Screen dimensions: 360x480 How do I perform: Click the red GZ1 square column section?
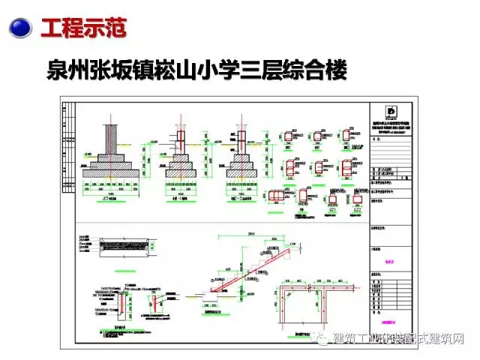[333, 199]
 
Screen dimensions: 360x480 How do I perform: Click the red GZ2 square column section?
[356, 199]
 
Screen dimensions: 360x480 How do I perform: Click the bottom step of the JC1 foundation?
[112, 174]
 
